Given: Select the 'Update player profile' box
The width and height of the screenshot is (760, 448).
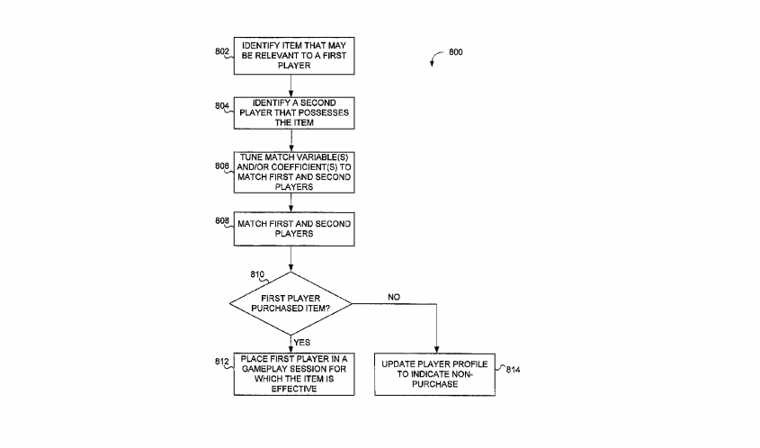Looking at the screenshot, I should coord(435,374).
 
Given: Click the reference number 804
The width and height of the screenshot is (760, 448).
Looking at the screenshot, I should coord(221,106).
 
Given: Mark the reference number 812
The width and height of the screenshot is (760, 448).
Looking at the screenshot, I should coord(221,362).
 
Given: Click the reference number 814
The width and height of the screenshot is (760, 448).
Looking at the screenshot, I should coord(512,370).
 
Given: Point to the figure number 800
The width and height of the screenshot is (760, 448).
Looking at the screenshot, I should coord(456,52).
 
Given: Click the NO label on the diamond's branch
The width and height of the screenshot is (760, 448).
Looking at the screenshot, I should coord(394,296).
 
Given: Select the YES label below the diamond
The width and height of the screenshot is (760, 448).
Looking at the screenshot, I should coord(302,342).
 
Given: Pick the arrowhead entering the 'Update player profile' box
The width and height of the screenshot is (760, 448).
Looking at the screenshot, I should coord(435,350).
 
